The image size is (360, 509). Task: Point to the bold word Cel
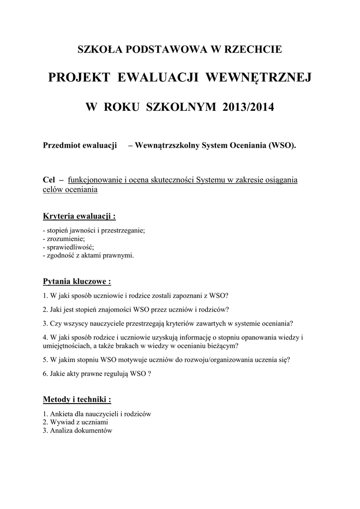pos(49,179)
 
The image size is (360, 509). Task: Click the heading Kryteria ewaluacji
pos(80,217)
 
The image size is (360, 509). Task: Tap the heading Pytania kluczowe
pos(77,282)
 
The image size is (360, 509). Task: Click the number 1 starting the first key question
pos(45,295)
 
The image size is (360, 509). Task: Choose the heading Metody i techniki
pos(77,400)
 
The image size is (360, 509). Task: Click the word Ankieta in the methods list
pos(61,414)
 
